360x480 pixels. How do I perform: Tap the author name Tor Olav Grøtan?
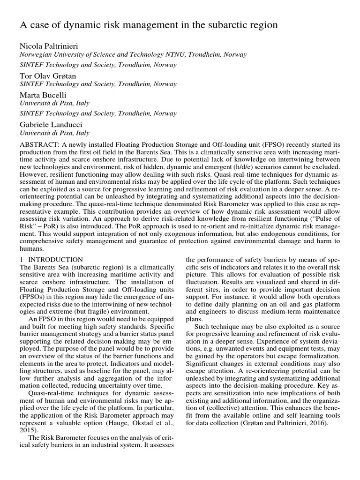48,75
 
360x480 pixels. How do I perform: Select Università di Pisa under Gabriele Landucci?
54,133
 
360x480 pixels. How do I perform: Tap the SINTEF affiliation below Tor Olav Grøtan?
97,84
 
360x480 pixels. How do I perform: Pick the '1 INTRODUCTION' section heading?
51,259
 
